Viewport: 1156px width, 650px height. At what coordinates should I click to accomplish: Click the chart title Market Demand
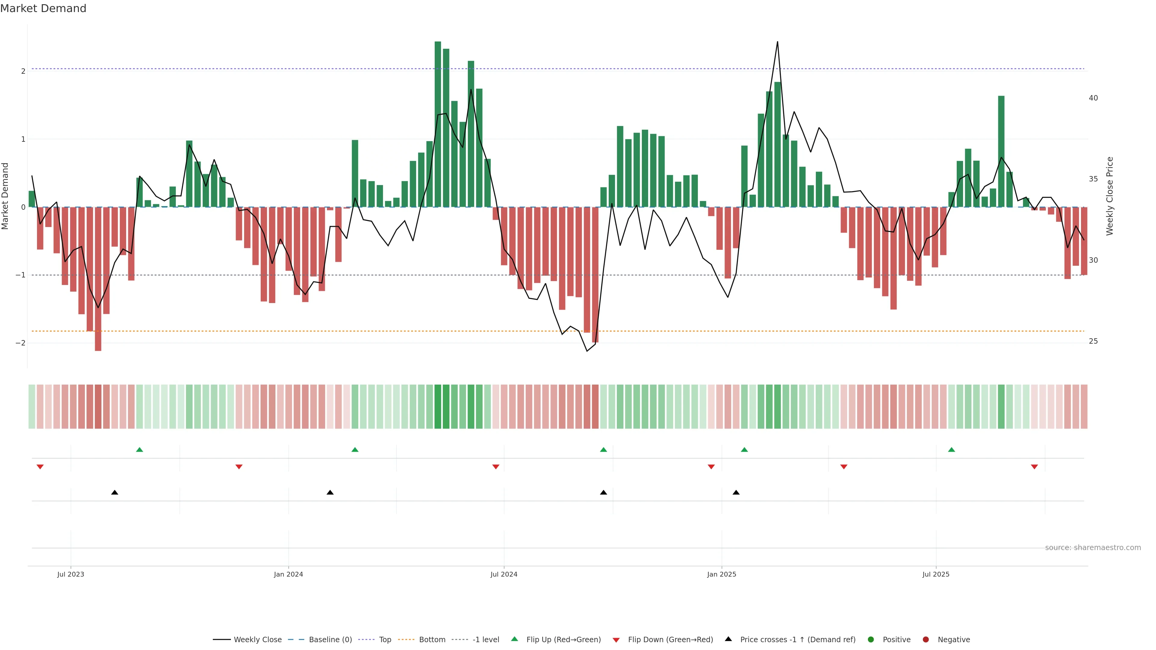pyautogui.click(x=43, y=8)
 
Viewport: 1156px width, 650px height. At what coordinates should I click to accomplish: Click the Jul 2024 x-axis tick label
pyautogui.click(x=504, y=574)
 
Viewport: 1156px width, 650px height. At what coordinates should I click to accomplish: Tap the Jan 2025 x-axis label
pyautogui.click(x=721, y=574)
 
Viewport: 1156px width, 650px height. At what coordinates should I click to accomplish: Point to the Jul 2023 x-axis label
pyautogui.click(x=70, y=574)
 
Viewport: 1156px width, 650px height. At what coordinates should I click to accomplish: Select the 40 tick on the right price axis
pyautogui.click(x=1093, y=98)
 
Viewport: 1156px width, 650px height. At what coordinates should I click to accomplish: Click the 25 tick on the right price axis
pyautogui.click(x=1093, y=341)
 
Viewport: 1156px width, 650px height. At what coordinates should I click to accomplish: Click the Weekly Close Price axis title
pyautogui.click(x=1110, y=196)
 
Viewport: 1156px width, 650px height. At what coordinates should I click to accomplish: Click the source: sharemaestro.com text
pyautogui.click(x=1093, y=548)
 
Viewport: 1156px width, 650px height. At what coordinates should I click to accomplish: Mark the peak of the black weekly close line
pyautogui.click(x=777, y=42)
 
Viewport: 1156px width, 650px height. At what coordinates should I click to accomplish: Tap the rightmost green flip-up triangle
pyautogui.click(x=951, y=450)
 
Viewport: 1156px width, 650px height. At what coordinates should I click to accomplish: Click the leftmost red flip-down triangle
pyautogui.click(x=40, y=467)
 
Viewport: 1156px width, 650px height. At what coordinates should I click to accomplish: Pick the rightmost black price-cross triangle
pyautogui.click(x=736, y=493)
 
